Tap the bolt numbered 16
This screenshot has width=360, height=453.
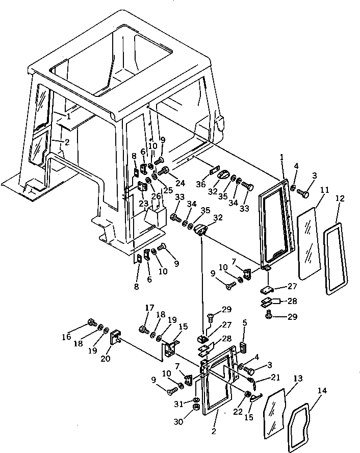tap(93, 322)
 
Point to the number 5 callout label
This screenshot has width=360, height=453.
tap(244, 322)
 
